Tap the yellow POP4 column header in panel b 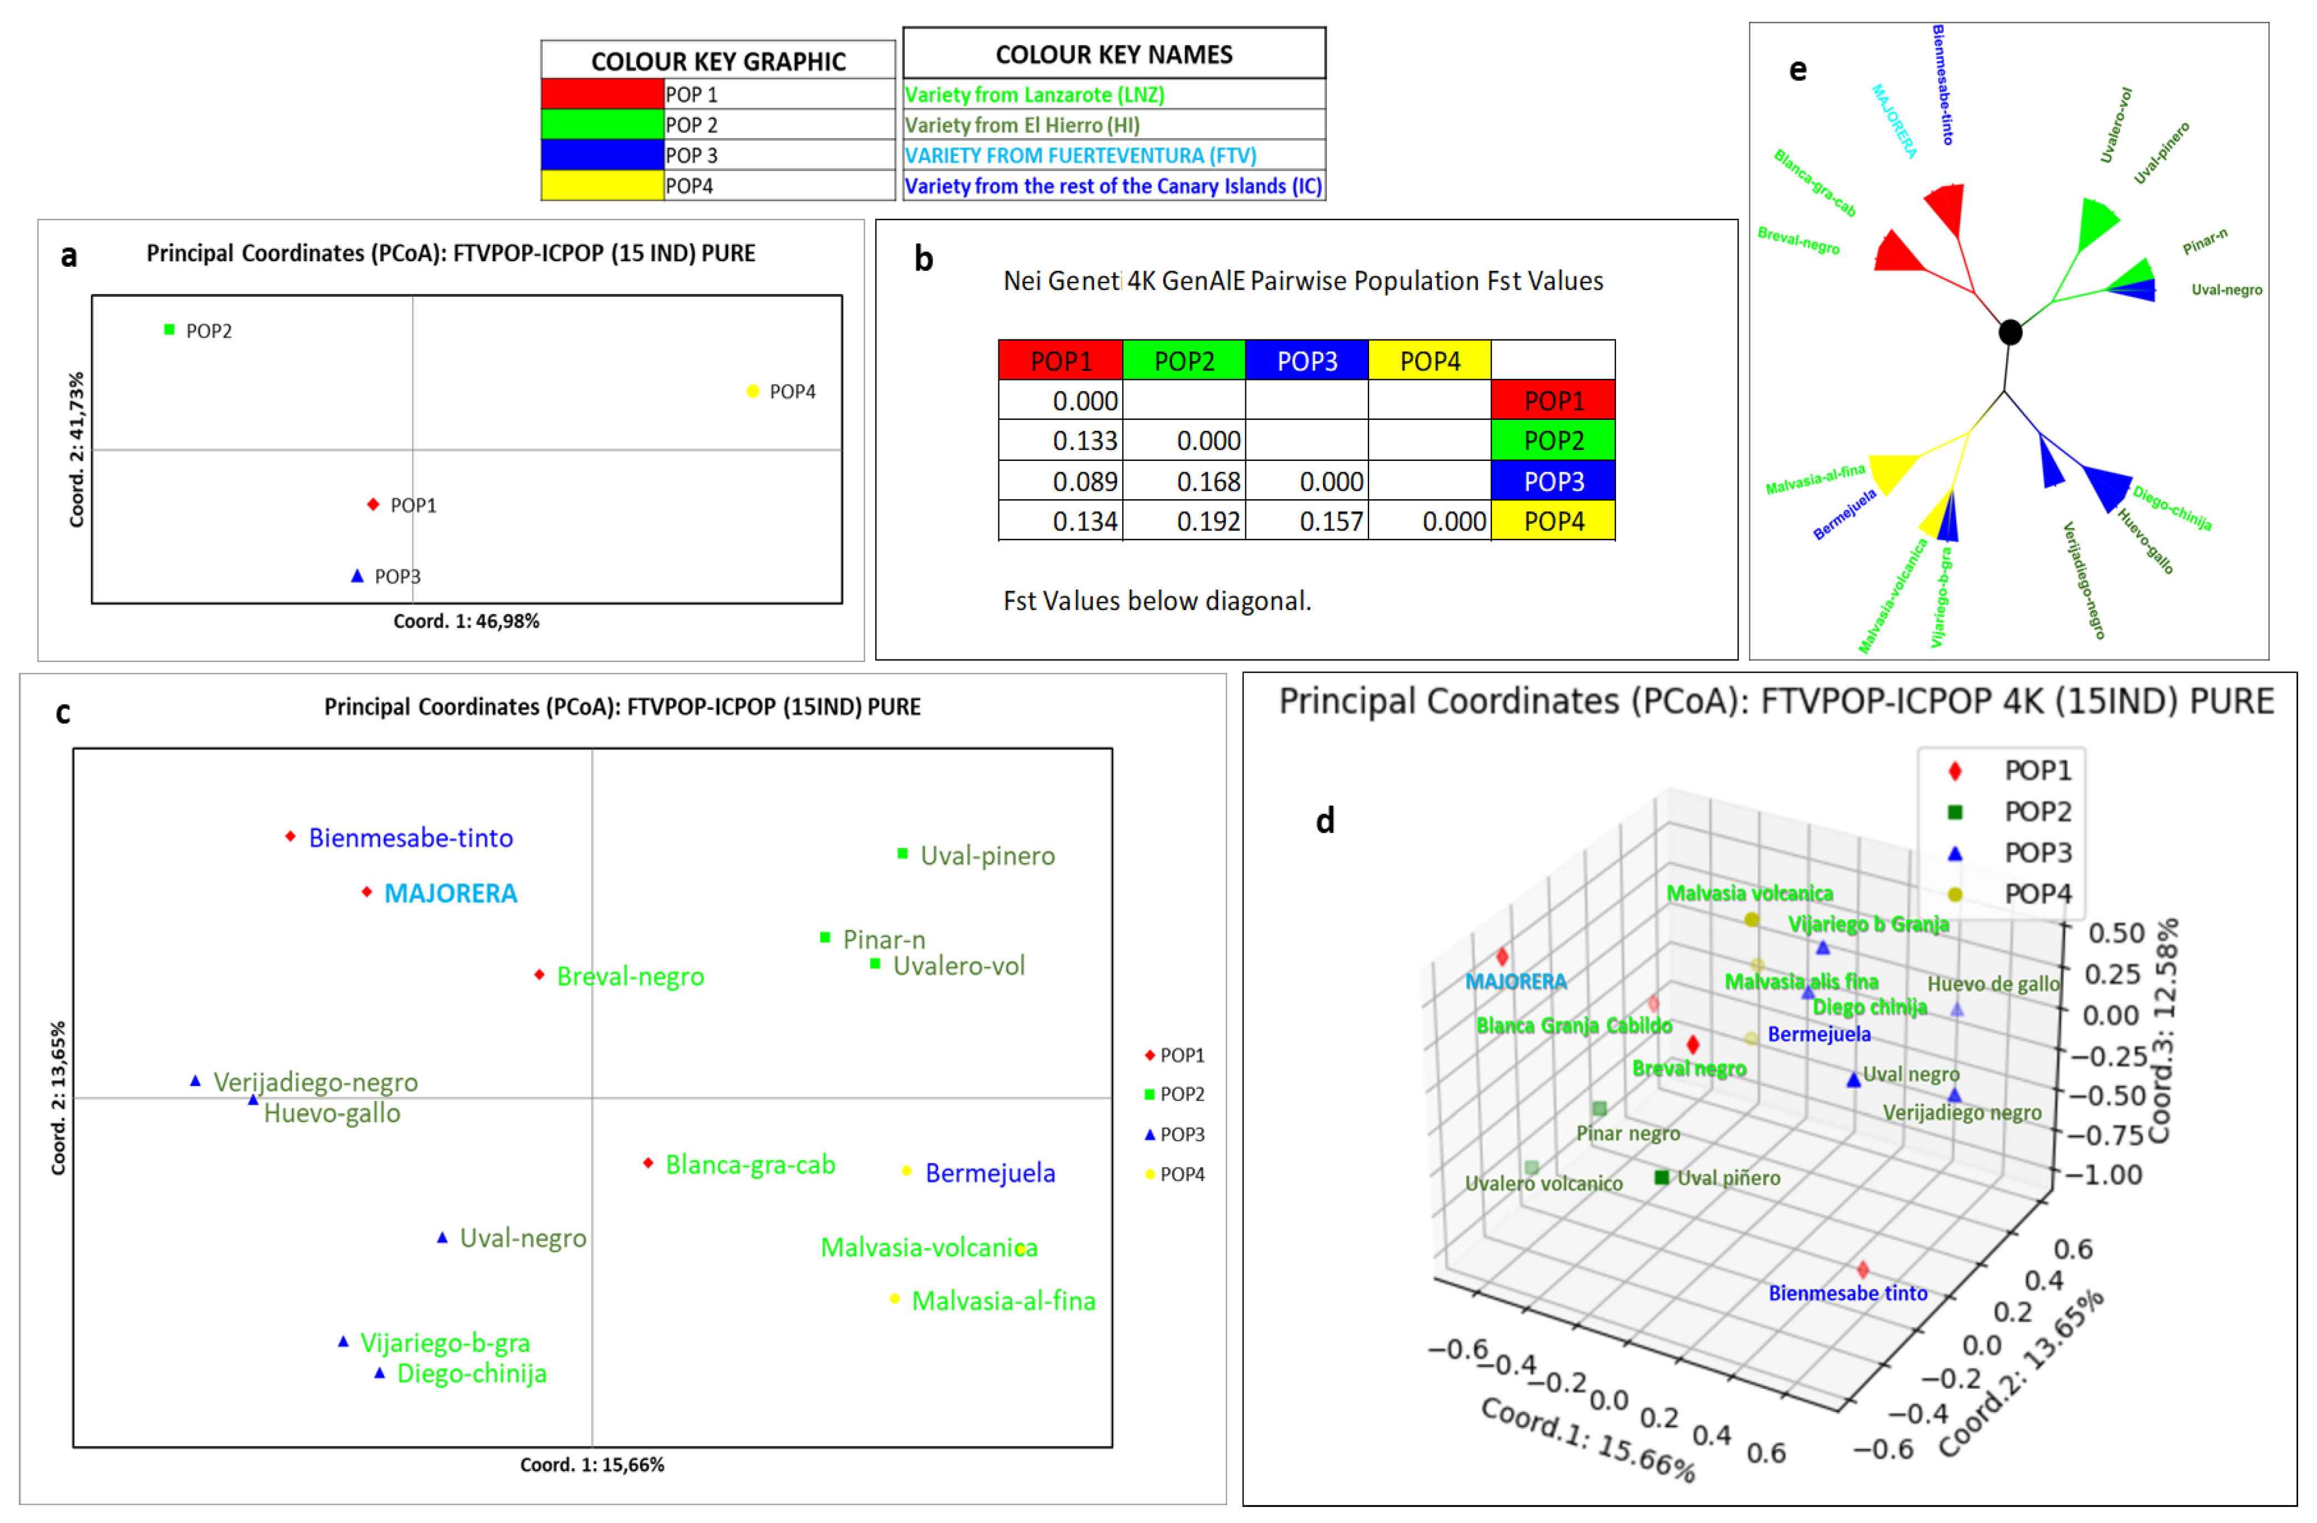[1429, 361]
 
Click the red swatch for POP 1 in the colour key [602, 94]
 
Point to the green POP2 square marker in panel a [169, 330]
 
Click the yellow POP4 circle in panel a [753, 391]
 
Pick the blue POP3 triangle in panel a [357, 576]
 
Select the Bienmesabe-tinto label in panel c [410, 838]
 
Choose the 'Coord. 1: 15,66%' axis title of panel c [592, 1465]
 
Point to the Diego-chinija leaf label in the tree [2171, 508]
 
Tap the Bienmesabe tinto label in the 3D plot [1847, 1293]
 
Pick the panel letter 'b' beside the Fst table [923, 259]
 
